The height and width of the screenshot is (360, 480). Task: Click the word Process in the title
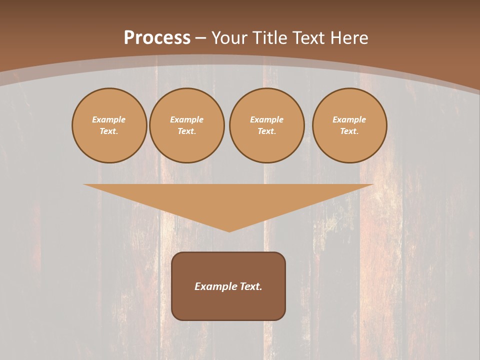tap(157, 38)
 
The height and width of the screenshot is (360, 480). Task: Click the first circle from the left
tap(109, 125)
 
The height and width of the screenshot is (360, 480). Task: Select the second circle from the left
tap(187, 125)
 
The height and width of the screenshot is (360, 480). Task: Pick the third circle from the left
tap(267, 125)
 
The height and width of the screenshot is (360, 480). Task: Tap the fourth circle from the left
tap(349, 125)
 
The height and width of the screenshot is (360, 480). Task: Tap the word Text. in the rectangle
tap(249, 286)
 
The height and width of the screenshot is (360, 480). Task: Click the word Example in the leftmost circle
tap(109, 119)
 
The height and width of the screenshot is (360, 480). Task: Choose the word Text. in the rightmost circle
tap(349, 131)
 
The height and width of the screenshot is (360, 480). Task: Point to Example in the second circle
tap(187, 119)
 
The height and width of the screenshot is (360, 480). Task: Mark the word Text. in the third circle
tap(267, 131)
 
